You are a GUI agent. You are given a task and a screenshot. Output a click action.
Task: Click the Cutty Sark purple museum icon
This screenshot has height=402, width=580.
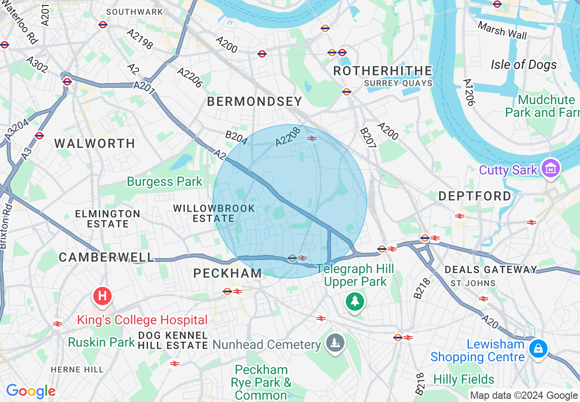click(x=551, y=169)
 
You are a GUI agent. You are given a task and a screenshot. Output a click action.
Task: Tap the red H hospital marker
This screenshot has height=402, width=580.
click(x=102, y=296)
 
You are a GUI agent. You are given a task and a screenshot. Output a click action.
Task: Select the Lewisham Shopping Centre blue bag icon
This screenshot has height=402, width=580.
click(x=539, y=349)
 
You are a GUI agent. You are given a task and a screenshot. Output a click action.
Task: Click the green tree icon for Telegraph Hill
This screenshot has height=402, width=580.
click(x=354, y=301)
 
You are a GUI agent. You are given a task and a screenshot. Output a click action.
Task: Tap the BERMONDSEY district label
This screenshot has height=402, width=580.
click(x=254, y=101)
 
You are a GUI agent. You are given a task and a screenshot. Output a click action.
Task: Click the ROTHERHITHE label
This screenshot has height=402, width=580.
click(x=382, y=71)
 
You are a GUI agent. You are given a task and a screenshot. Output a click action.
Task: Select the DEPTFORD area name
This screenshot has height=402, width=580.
click(x=474, y=196)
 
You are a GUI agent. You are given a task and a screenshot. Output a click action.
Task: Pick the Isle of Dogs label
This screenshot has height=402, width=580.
click(x=524, y=64)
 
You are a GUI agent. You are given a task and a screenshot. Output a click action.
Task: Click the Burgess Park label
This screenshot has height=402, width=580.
click(x=164, y=181)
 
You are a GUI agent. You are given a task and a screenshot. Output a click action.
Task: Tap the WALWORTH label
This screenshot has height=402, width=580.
click(x=95, y=143)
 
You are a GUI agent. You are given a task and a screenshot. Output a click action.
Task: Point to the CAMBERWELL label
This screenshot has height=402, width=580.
click(x=106, y=257)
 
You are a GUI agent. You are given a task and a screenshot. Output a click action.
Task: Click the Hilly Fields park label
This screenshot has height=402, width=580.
click(x=463, y=379)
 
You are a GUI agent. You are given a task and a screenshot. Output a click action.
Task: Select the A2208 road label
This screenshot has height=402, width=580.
click(x=288, y=137)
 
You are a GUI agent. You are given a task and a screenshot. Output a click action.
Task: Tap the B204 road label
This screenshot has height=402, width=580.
click(x=236, y=138)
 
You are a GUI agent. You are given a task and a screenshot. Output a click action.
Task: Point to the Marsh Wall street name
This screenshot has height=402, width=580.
click(x=502, y=31)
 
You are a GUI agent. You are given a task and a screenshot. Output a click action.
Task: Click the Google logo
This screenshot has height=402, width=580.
click(x=30, y=391)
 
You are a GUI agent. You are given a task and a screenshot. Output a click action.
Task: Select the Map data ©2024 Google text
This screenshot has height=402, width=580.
click(x=524, y=396)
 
